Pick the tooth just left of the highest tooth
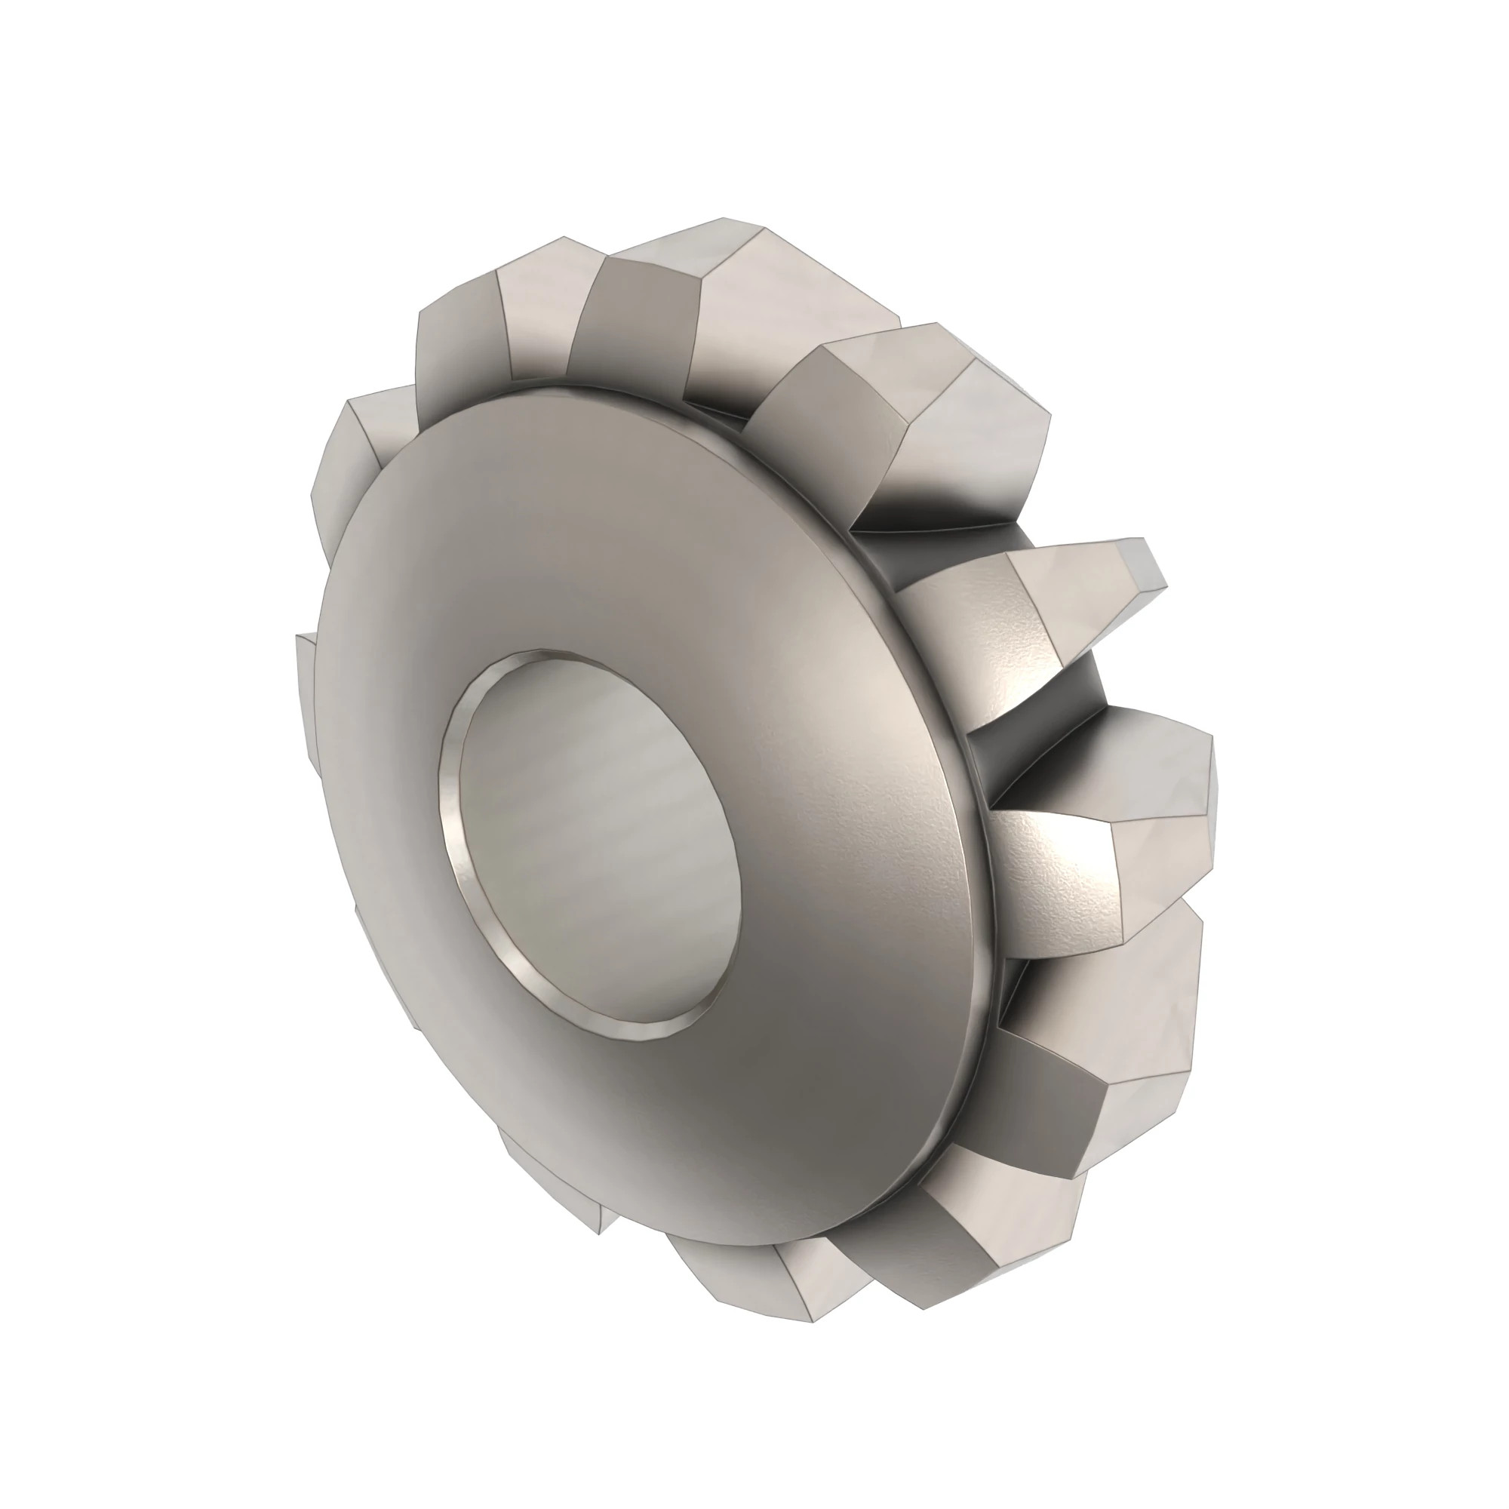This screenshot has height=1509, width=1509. tap(539, 305)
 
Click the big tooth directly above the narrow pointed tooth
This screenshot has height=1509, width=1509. tap(960, 438)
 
